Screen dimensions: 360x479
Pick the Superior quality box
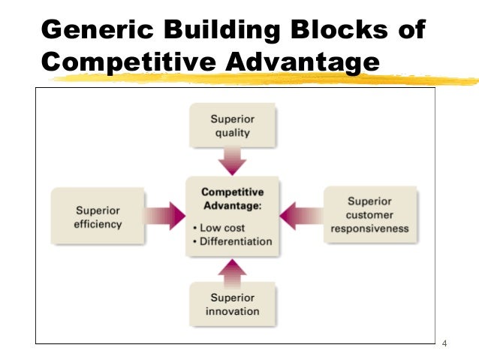point(232,126)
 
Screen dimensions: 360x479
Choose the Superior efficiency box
point(98,216)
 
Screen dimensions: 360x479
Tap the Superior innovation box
point(232,304)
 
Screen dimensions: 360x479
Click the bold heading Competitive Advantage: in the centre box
point(232,198)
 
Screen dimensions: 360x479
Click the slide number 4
point(445,344)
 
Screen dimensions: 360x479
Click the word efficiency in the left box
point(98,223)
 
